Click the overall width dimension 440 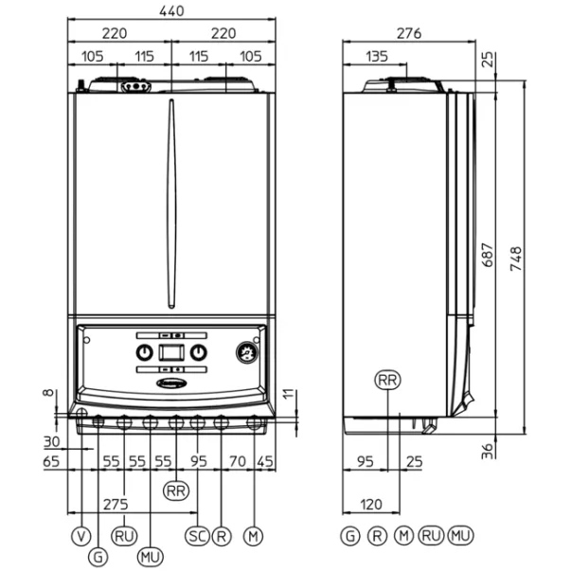[172, 11]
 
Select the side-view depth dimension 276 [408, 34]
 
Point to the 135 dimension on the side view [377, 57]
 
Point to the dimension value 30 [51, 442]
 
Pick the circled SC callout [197, 536]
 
